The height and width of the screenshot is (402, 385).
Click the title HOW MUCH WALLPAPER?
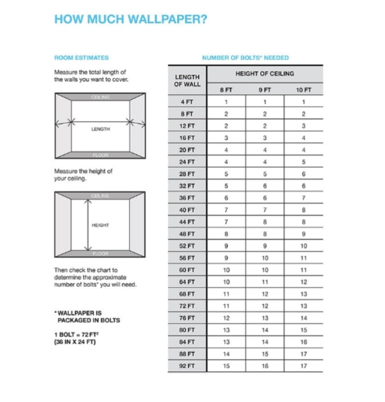131,19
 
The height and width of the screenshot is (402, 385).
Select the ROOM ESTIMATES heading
81,58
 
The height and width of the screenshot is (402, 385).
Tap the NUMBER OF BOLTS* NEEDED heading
245,58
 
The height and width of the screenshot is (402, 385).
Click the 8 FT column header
226,90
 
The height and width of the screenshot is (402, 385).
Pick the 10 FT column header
303,90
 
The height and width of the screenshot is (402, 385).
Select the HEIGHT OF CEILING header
265,74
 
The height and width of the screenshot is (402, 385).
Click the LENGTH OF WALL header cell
187,80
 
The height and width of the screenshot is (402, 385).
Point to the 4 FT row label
187,102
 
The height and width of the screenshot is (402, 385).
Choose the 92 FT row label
187,366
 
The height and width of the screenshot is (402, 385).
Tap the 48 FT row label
187,234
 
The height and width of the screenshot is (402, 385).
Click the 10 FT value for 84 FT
303,342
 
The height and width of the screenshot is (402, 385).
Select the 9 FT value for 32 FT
265,186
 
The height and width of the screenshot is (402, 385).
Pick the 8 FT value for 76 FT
226,318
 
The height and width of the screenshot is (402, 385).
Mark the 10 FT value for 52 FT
303,246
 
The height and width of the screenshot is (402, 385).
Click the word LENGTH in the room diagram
100,129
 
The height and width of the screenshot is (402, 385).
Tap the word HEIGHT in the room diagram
100,225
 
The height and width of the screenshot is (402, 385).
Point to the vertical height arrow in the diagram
87,225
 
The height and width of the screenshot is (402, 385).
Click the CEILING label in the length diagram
100,97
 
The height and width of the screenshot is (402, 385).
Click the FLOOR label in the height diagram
100,254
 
